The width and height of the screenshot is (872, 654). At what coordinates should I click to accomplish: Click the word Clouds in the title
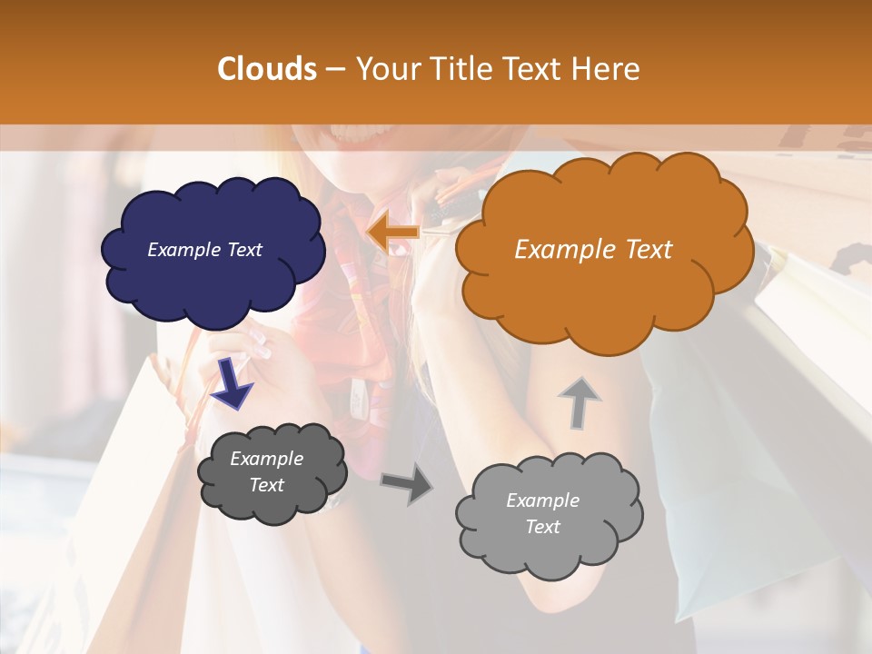click(x=266, y=69)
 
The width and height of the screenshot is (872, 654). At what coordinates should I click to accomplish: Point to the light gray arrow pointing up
click(x=579, y=402)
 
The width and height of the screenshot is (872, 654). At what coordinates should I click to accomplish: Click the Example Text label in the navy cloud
click(x=204, y=250)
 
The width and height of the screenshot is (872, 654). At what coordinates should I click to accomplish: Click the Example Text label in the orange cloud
click(x=593, y=250)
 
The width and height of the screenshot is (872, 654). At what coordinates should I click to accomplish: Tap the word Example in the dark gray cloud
click(x=266, y=459)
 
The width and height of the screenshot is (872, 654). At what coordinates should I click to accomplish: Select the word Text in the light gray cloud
click(x=542, y=527)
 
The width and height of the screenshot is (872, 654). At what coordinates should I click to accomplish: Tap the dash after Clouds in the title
click(x=334, y=69)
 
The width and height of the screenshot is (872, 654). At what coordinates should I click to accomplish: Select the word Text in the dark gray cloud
click(x=266, y=485)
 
